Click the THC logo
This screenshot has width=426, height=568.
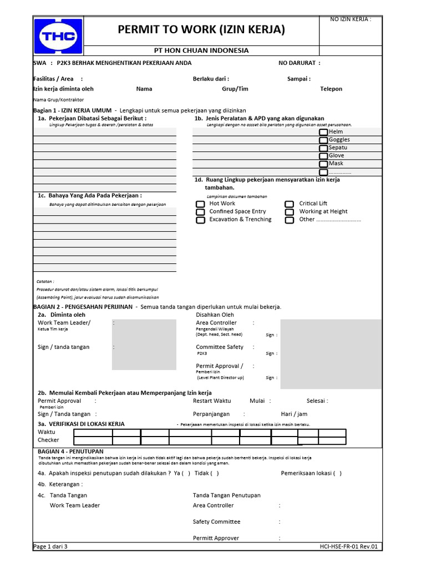[58, 36]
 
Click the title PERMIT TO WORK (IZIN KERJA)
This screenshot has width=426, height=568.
[201, 29]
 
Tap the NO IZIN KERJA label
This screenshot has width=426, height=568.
[351, 19]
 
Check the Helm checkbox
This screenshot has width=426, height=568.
[323, 133]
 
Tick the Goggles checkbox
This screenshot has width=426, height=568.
[323, 140]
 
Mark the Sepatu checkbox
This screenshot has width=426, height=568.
[323, 148]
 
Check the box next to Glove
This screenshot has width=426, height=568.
[323, 156]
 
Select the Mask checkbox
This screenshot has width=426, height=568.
[323, 164]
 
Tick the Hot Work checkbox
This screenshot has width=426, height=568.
[200, 204]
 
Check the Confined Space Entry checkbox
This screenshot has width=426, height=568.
[200, 212]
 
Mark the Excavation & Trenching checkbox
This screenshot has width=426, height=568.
[200, 220]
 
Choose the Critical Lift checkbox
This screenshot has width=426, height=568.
[289, 204]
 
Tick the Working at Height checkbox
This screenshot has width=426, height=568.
[289, 212]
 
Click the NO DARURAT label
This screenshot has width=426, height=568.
[299, 63]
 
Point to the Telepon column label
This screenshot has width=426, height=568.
[331, 89]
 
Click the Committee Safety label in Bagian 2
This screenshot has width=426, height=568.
[220, 347]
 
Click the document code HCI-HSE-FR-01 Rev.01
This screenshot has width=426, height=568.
[348, 546]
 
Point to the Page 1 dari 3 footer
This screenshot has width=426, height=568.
[50, 546]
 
